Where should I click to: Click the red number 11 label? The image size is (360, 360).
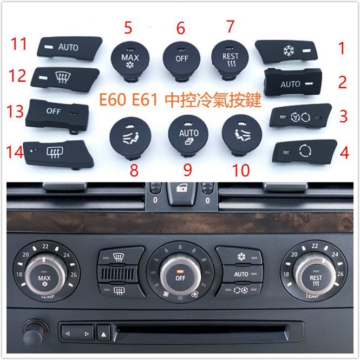click(x=19, y=44)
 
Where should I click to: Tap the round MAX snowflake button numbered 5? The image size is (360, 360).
click(x=130, y=61)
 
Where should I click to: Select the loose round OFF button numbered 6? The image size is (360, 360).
click(x=181, y=61)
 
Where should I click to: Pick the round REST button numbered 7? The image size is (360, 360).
click(x=230, y=60)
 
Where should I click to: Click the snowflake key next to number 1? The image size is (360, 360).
click(x=287, y=51)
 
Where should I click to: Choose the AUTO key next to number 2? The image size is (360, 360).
click(x=293, y=82)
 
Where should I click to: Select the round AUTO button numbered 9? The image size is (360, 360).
click(x=188, y=136)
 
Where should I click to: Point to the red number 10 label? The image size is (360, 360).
click(x=241, y=171)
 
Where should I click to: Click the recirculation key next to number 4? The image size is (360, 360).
click(x=304, y=152)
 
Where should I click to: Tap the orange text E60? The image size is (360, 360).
click(x=113, y=100)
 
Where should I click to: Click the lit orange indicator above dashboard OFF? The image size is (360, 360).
click(x=180, y=271)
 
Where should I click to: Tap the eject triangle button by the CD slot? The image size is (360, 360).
click(x=103, y=334)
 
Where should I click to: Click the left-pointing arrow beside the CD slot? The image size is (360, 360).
click(x=68, y=333)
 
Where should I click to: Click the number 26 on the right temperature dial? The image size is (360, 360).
click(x=341, y=274)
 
